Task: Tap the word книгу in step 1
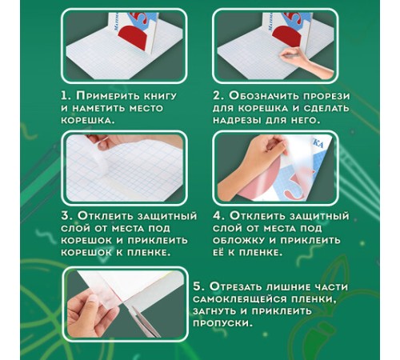pos(160,96)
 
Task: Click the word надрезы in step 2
pos(236,120)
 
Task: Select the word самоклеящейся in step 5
pos(239,299)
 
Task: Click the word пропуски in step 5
pos(222,323)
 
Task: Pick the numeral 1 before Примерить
pos(66,96)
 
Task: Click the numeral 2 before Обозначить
pos(218,96)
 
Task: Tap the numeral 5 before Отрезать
pos(198,287)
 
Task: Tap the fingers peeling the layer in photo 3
pos(102,142)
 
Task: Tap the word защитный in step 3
pos(166,216)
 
